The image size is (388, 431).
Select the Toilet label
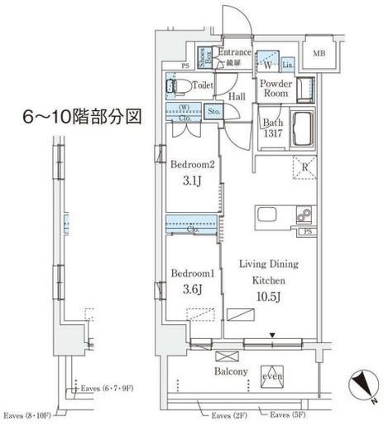(204, 85)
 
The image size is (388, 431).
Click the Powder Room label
(273, 89)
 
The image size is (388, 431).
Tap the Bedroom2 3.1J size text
(193, 180)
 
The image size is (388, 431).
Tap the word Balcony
(232, 372)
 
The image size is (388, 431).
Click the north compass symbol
(362, 384)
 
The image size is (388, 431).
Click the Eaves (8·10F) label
(28, 414)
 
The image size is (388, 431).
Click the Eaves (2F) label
(229, 414)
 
